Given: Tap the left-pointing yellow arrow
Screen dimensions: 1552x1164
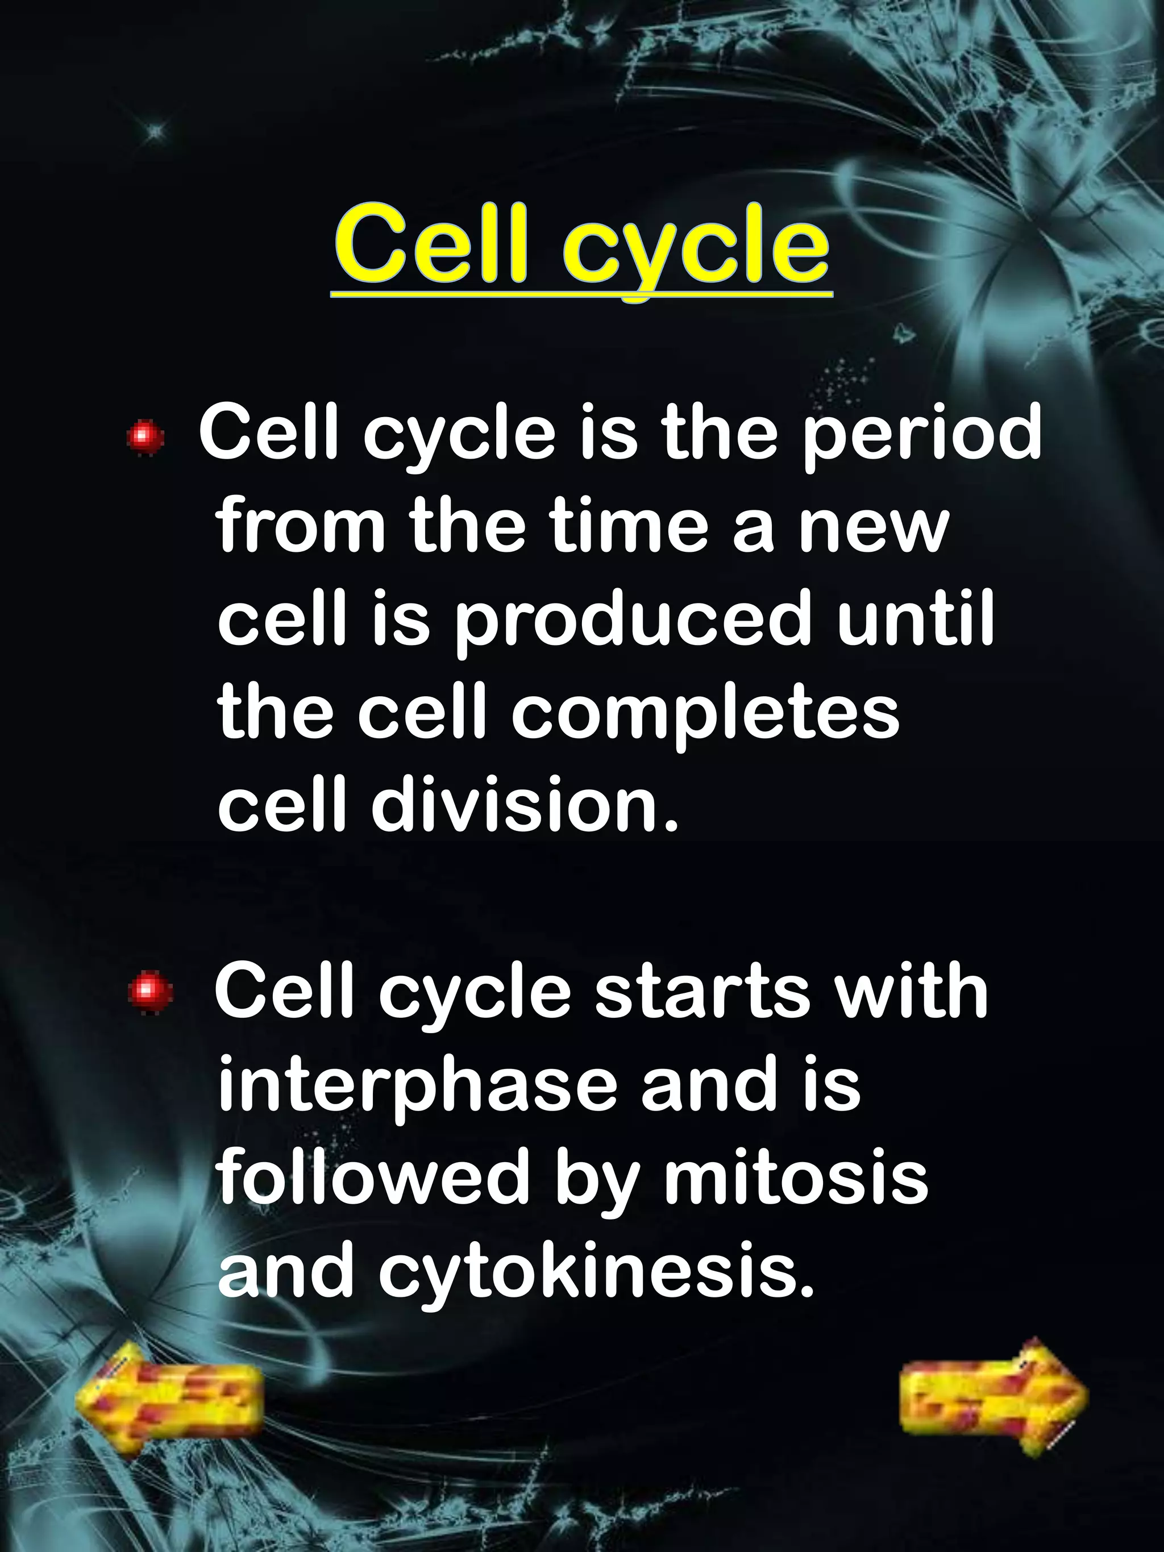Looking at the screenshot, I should tap(168, 1396).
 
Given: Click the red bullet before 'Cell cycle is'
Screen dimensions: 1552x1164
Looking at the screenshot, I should tap(145, 437).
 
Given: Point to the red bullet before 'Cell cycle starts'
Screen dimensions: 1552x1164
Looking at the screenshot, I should tap(150, 992).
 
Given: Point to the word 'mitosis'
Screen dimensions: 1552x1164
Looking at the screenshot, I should tap(796, 1176).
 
